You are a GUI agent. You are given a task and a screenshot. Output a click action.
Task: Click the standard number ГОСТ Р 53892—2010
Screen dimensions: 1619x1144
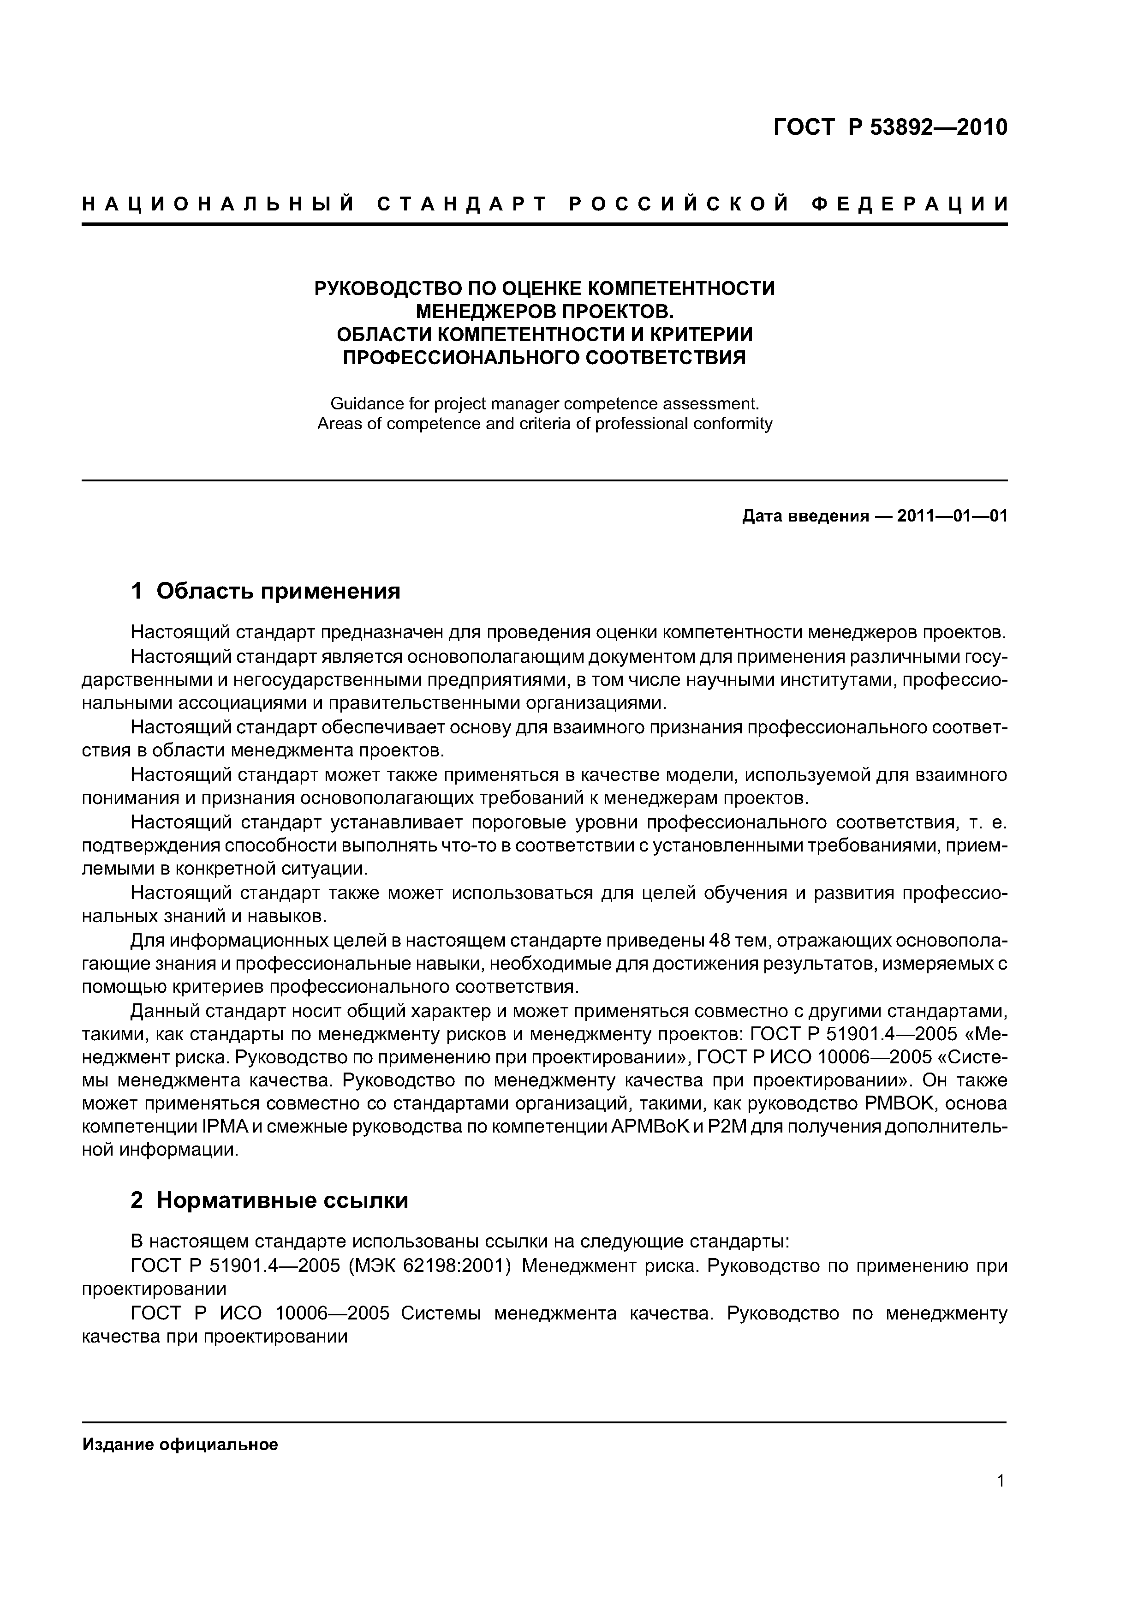pos(890,128)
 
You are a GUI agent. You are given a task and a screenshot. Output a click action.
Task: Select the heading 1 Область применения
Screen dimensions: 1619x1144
pos(266,591)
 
